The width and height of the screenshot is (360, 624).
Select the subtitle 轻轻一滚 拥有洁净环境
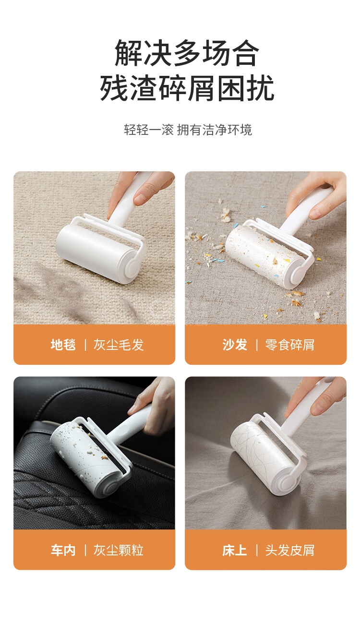188,130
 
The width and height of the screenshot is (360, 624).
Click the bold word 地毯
63,345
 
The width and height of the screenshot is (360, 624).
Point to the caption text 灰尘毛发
119,345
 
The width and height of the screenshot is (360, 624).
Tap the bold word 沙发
235,345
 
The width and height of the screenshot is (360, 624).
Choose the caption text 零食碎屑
290,345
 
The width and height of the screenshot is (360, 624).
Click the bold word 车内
63,550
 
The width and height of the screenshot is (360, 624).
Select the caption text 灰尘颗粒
119,550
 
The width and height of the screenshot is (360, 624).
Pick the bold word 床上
235,550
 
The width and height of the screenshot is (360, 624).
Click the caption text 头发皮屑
290,550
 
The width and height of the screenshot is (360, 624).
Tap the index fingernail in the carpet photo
139,199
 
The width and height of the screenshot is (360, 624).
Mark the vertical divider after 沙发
256,345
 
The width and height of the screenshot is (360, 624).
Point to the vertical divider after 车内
85,551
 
